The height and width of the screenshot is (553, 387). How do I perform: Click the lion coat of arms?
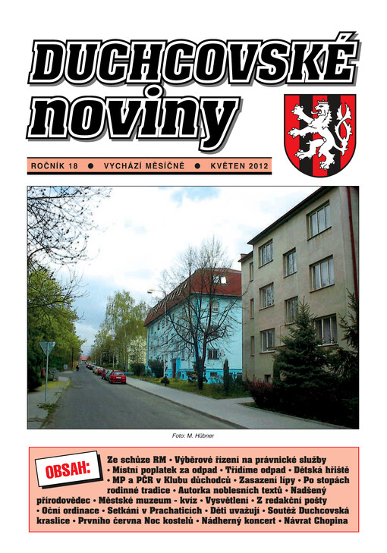pos(319,134)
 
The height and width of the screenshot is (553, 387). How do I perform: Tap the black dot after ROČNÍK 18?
pos(90,165)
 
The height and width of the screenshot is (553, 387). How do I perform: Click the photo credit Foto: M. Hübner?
pos(193,435)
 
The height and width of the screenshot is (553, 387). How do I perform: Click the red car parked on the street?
pos(118,376)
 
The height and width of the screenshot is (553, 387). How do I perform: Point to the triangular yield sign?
pos(48,347)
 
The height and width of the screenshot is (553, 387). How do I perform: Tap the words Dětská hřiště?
pos(317,470)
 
